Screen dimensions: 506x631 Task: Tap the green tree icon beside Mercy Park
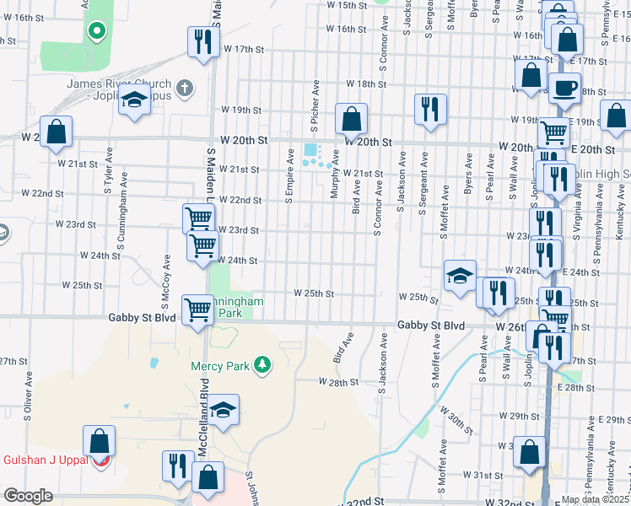(x=264, y=364)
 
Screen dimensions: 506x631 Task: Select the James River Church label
(x=118, y=86)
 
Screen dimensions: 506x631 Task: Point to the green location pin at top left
(x=97, y=32)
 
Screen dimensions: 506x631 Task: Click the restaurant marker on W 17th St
(x=202, y=41)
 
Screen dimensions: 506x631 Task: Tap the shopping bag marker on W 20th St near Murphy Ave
(x=350, y=119)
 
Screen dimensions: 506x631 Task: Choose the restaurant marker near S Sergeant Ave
(x=430, y=109)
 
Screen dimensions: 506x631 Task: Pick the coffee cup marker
(x=564, y=87)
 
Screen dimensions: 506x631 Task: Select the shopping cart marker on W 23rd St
(x=198, y=218)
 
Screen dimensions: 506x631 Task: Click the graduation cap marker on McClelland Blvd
(x=223, y=410)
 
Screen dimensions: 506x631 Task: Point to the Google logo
(x=28, y=496)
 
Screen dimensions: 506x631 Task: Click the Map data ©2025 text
(x=595, y=499)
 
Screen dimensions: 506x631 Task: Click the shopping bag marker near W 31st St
(x=529, y=451)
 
